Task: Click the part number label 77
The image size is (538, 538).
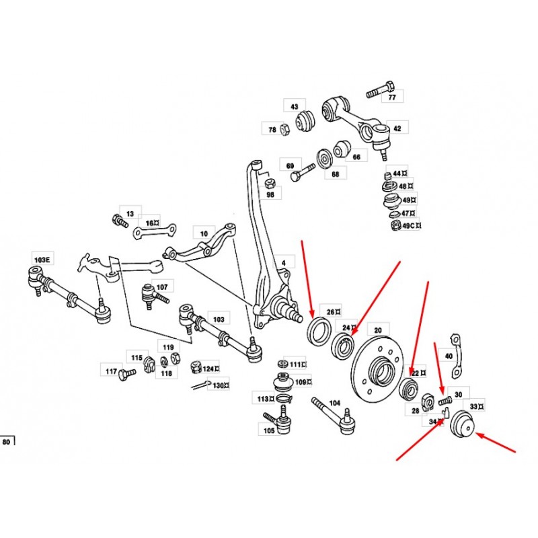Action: pyautogui.click(x=392, y=97)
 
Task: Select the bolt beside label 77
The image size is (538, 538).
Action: pyautogui.click(x=379, y=89)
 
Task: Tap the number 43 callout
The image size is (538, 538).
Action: pyautogui.click(x=295, y=106)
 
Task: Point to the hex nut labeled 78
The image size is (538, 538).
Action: pyautogui.click(x=284, y=129)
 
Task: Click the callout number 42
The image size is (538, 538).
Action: pyautogui.click(x=397, y=128)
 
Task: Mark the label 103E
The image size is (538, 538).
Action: pyautogui.click(x=42, y=260)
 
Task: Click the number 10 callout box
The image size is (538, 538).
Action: pyautogui.click(x=204, y=233)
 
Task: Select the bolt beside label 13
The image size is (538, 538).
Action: pyautogui.click(x=120, y=221)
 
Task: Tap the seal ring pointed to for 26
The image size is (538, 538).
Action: pyautogui.click(x=318, y=332)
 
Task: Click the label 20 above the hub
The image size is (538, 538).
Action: pyautogui.click(x=378, y=330)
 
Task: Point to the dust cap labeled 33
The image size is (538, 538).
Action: pyautogui.click(x=462, y=424)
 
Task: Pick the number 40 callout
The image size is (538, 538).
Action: pyautogui.click(x=449, y=356)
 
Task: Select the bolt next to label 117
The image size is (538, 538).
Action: pyautogui.click(x=127, y=374)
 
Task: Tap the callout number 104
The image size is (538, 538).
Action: pyautogui.click(x=334, y=403)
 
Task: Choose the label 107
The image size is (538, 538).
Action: pyautogui.click(x=162, y=287)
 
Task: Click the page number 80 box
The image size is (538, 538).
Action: pyautogui.click(x=7, y=441)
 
